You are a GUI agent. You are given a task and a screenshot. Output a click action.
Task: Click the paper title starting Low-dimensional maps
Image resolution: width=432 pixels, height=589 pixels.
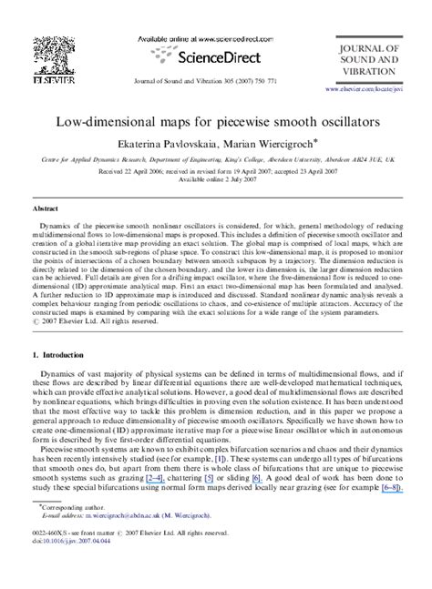click(x=215, y=120)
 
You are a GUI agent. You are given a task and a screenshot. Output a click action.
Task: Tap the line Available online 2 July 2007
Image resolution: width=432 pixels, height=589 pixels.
click(x=216, y=179)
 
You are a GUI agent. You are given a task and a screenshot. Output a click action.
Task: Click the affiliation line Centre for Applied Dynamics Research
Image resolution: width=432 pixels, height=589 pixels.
click(x=216, y=158)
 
